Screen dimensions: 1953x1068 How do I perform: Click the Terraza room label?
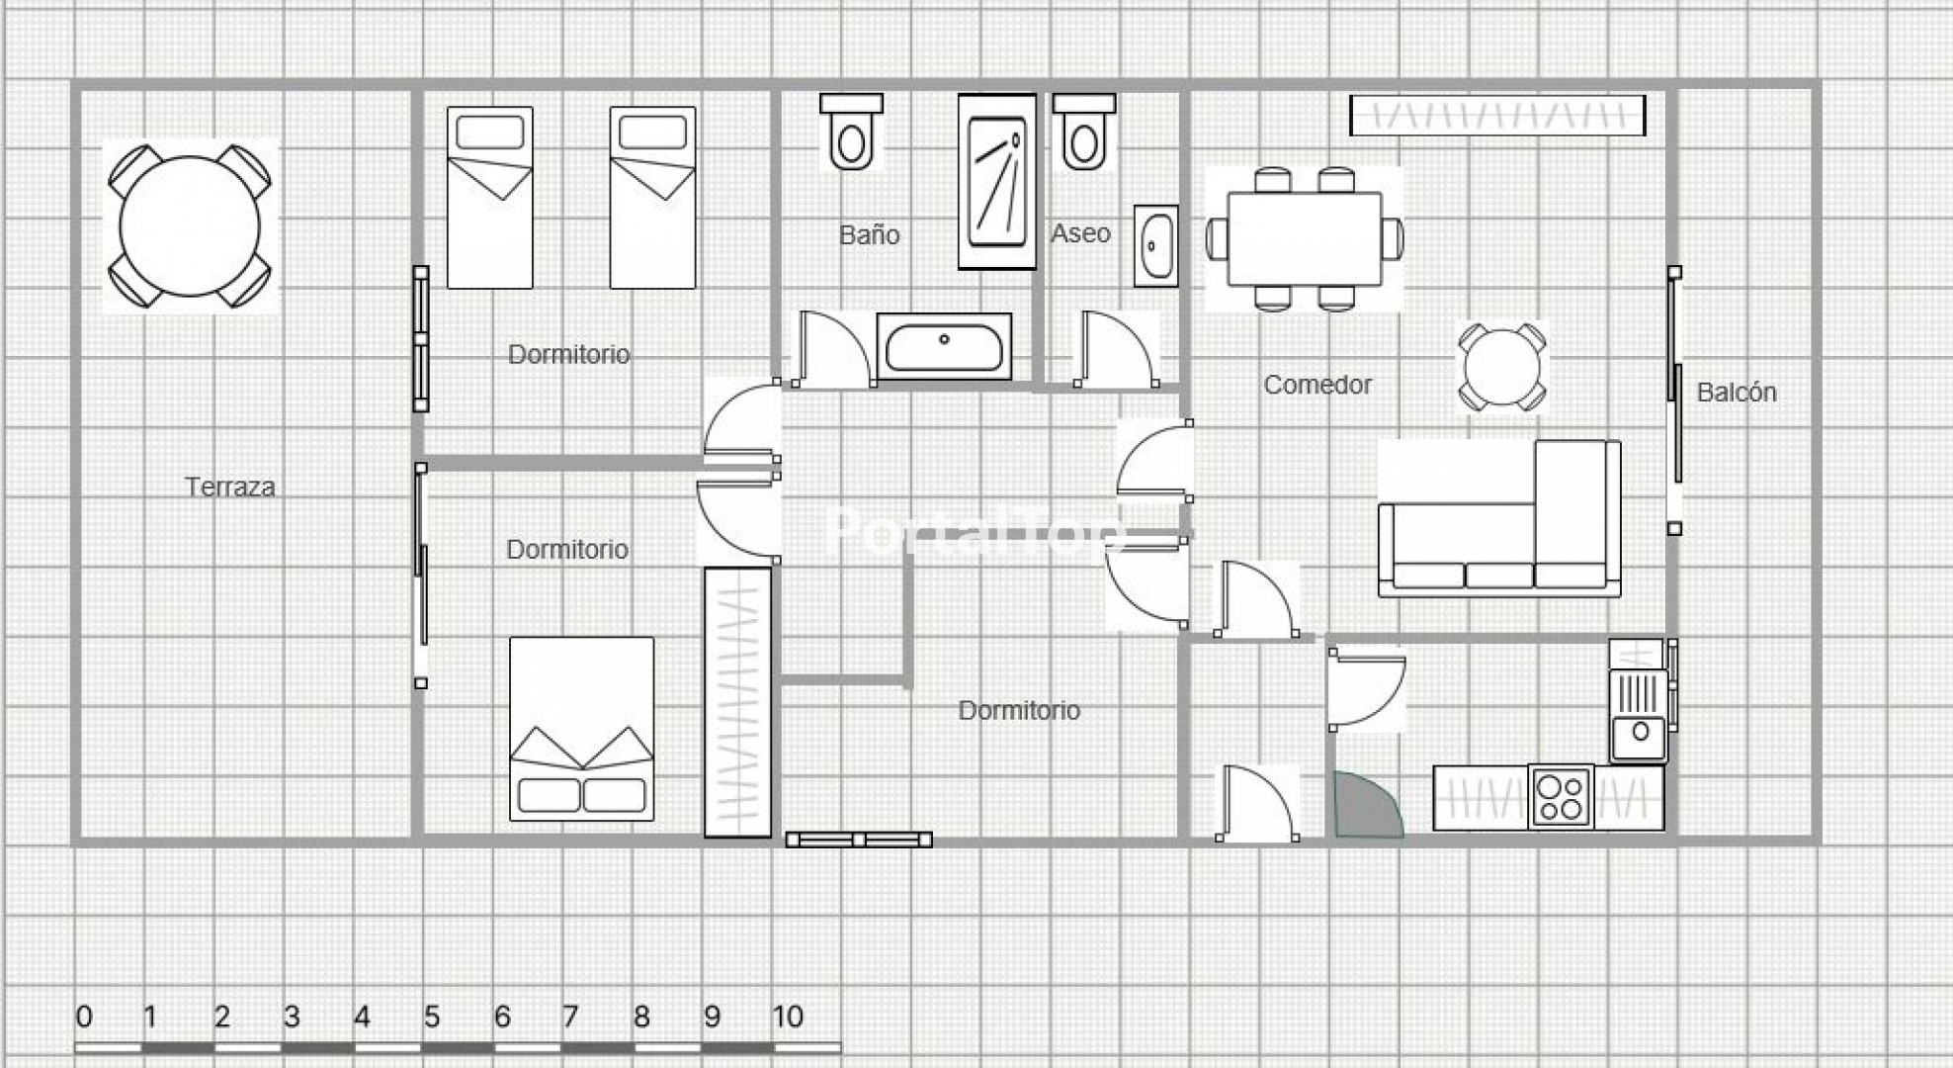[230, 487]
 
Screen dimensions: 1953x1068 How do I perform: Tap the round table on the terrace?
[190, 225]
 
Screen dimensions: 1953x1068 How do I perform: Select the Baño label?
[870, 234]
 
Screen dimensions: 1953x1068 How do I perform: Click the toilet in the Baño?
[851, 132]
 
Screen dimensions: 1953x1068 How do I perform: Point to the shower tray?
[997, 182]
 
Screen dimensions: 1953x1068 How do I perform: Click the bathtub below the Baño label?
[944, 346]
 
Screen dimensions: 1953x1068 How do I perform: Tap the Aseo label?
[1080, 233]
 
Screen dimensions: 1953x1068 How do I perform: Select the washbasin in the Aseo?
[1155, 246]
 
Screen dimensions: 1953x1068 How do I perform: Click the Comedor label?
[1317, 385]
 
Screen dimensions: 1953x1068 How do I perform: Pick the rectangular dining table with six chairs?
[1305, 239]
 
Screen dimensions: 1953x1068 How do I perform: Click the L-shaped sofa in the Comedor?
[1499, 519]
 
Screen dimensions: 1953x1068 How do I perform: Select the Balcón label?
[1737, 393]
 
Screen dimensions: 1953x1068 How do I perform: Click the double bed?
[581, 729]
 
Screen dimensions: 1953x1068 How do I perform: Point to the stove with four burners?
[1561, 796]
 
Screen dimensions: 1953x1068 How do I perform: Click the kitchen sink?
[1639, 714]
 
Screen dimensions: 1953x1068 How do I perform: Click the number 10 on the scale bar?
[788, 1017]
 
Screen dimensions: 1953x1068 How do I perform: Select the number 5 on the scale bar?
[432, 1017]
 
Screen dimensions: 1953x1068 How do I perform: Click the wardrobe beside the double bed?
[737, 702]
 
